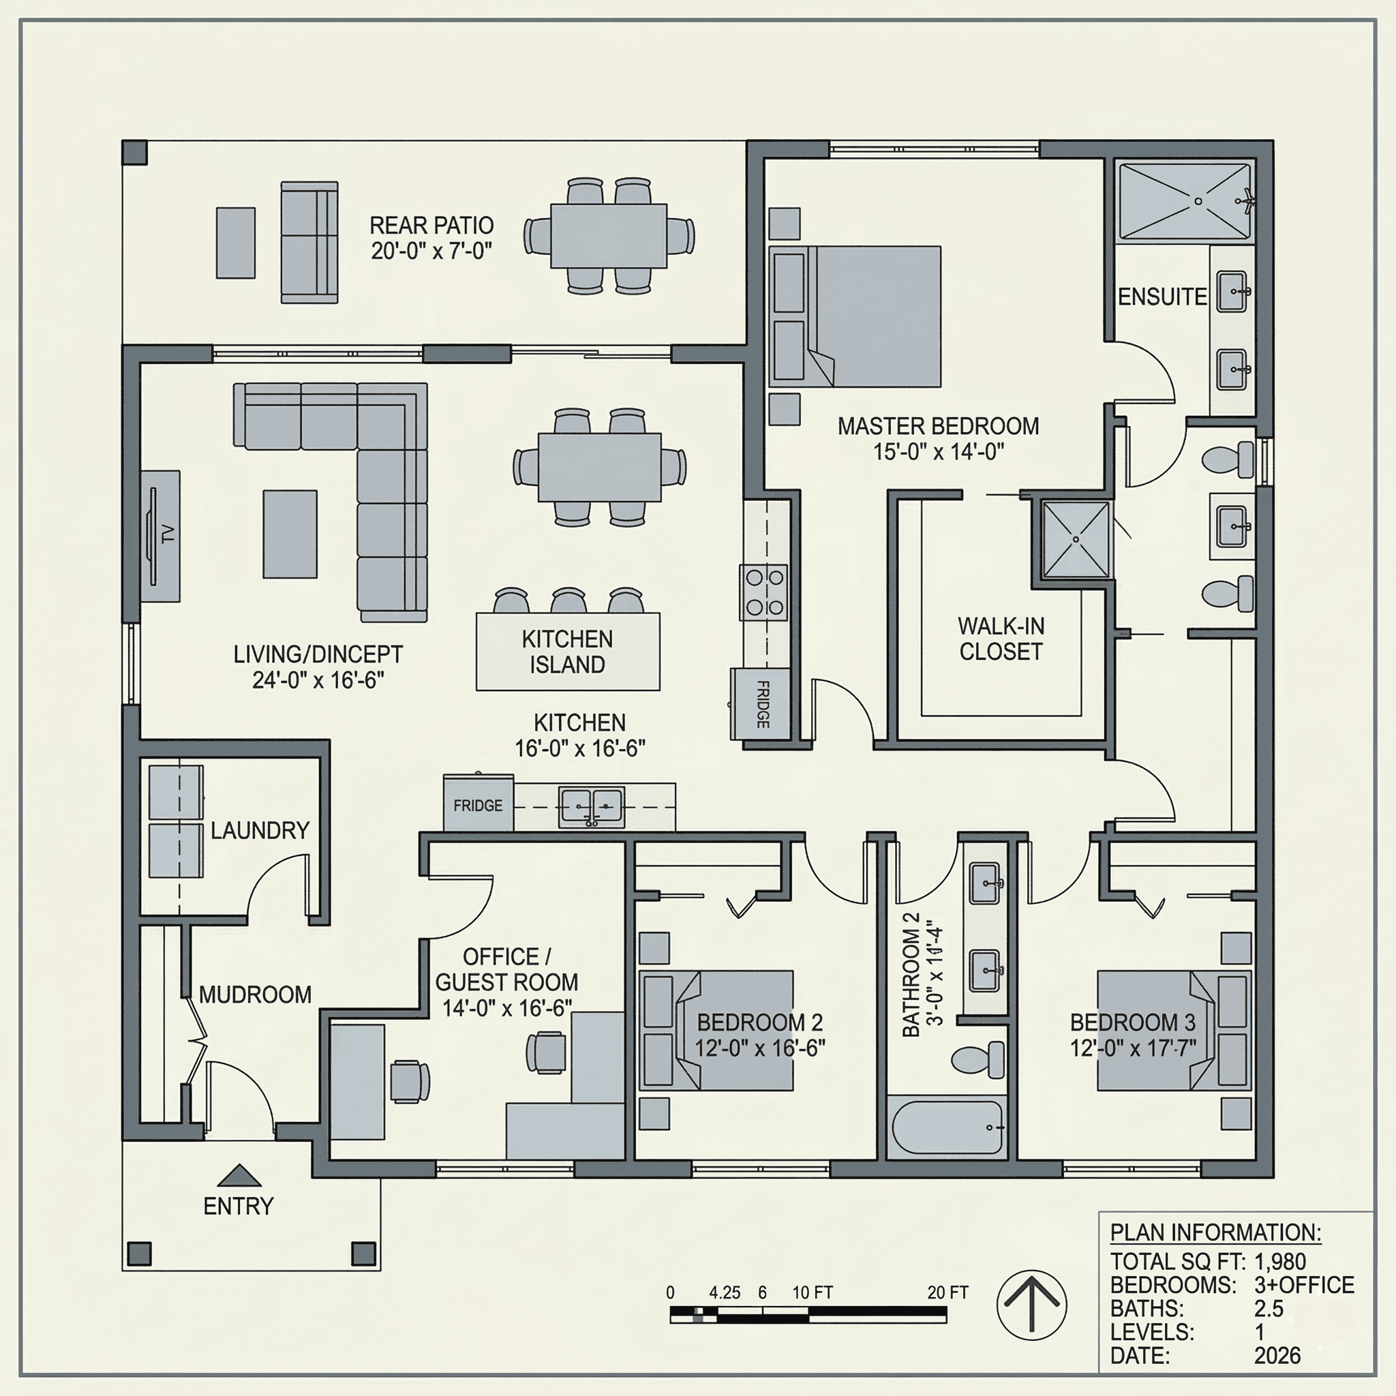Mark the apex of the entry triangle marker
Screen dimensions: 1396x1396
pos(239,1165)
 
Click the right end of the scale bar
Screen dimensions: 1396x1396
pos(947,1315)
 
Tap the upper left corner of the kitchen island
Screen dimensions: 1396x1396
pos(476,613)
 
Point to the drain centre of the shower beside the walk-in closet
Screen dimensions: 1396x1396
pos(1076,539)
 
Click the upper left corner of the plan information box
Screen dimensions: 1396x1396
pos(1099,1212)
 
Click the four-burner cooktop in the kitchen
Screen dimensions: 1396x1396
pos(763,592)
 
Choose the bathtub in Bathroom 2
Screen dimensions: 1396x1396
pos(947,1129)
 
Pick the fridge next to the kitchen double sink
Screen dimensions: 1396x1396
pos(479,804)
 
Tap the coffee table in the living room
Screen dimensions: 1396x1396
pos(290,534)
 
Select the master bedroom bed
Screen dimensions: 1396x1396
pos(855,316)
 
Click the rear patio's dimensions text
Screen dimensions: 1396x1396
pos(431,251)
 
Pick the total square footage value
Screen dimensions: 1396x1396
pos(1279,1262)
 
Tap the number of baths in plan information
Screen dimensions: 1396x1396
pos(1269,1309)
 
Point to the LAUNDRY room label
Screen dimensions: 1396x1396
pos(260,830)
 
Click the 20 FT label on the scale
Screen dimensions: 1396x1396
pos(947,1292)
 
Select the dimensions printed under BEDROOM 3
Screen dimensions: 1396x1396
pos(1133,1048)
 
